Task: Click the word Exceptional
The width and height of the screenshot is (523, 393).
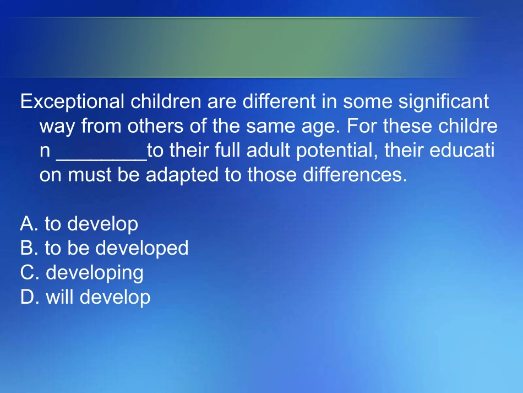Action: (72, 101)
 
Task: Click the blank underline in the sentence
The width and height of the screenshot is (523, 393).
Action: (101, 161)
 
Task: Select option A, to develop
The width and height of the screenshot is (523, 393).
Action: (79, 223)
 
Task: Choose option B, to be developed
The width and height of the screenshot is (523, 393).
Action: (105, 248)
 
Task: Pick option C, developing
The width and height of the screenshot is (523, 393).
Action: (81, 273)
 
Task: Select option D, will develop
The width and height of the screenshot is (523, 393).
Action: (85, 297)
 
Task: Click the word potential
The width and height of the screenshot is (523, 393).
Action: (337, 151)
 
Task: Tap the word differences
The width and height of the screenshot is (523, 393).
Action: (355, 175)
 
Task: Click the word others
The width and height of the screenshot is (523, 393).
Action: (155, 126)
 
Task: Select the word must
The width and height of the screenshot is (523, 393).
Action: (89, 175)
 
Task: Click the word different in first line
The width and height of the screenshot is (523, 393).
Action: (279, 101)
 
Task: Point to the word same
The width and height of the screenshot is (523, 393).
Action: (270, 127)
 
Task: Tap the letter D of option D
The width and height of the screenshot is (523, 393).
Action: (28, 297)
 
